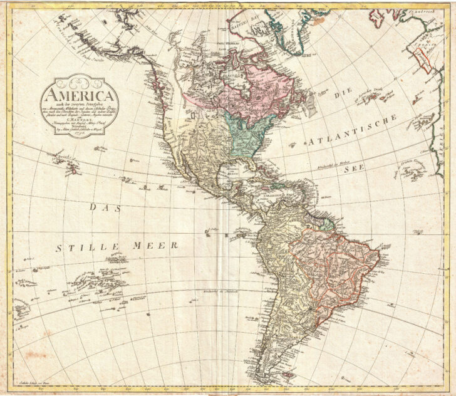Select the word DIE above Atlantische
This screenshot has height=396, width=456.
tap(340, 94)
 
